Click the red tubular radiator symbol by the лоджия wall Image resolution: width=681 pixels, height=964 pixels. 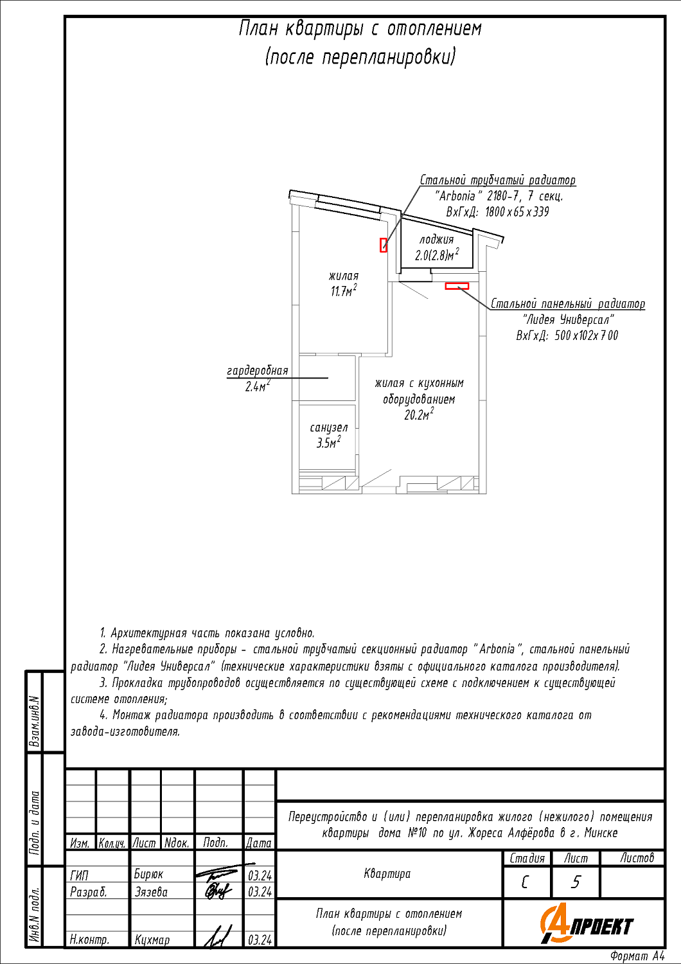click(384, 245)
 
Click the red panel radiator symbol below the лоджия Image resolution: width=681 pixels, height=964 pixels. click(457, 286)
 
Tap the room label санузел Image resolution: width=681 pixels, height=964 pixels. click(328, 428)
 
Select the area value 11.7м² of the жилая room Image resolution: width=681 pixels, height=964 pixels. click(344, 291)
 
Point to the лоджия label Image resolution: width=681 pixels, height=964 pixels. click(436, 240)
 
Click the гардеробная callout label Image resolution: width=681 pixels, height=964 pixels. click(257, 371)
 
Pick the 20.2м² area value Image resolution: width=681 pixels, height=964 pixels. click(418, 415)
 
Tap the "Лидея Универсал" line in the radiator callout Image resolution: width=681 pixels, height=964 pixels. click(568, 319)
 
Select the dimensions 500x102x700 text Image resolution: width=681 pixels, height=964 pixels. click(567, 335)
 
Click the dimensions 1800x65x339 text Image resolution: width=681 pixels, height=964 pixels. click(498, 212)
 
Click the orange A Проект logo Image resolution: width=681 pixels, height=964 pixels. click(587, 924)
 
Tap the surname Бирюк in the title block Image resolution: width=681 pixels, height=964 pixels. click(148, 875)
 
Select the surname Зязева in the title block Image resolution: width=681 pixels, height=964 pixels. click(151, 892)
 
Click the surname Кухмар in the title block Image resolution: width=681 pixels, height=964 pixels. click(152, 940)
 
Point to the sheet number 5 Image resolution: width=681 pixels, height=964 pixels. click(576, 882)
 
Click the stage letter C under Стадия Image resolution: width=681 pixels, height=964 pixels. click(526, 882)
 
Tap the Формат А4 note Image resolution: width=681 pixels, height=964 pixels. click(637, 956)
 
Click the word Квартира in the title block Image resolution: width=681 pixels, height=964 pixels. click(387, 873)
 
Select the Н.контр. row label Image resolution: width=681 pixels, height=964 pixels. click(89, 940)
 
